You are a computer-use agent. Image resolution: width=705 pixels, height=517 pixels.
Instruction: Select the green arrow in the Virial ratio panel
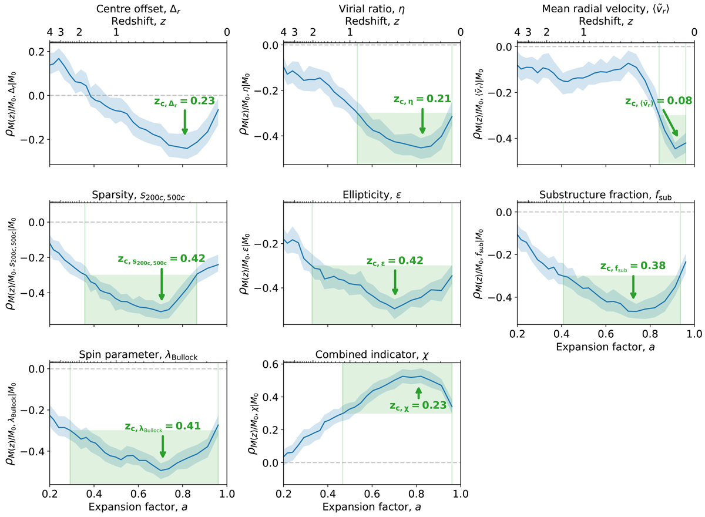[422, 122]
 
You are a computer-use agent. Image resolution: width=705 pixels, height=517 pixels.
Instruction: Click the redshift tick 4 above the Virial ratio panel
[284, 32]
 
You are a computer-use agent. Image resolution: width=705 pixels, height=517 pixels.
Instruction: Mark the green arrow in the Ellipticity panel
[395, 283]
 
